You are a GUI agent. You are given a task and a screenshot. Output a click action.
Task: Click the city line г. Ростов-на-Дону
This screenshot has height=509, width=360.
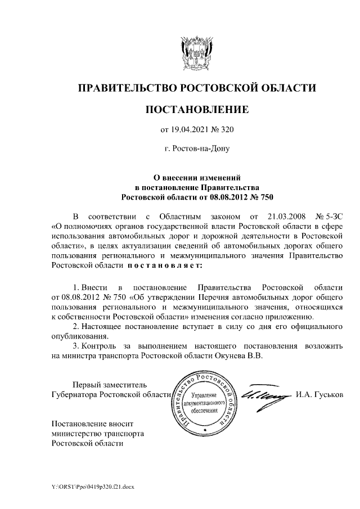[196, 150]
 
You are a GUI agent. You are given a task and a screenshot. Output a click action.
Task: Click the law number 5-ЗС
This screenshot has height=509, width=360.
[333, 216]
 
